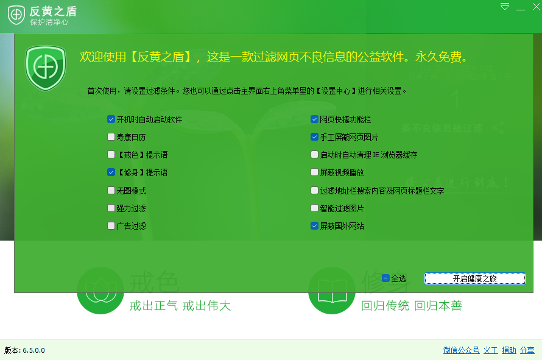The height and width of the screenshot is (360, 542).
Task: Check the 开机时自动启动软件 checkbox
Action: (x=111, y=119)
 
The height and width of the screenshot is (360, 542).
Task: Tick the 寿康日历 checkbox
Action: (x=111, y=137)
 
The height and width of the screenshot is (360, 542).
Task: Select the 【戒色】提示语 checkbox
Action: (x=111, y=155)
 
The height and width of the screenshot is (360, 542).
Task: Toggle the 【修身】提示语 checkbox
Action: (x=111, y=172)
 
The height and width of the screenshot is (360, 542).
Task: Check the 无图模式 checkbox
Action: (x=111, y=191)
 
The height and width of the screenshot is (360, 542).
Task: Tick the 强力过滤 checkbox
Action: (x=111, y=208)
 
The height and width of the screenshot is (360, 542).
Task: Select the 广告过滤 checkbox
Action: (x=111, y=226)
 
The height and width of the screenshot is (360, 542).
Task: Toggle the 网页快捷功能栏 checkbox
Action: (x=314, y=119)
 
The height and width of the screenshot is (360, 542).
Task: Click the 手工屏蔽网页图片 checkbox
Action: (x=314, y=137)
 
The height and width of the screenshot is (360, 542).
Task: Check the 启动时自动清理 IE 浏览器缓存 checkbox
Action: (x=314, y=155)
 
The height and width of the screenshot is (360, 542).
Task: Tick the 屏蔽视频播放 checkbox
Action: (x=314, y=172)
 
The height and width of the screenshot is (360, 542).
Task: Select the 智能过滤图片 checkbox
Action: (x=314, y=208)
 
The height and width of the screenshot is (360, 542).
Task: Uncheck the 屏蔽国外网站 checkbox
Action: (x=314, y=226)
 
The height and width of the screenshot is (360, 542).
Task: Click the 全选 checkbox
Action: (x=385, y=278)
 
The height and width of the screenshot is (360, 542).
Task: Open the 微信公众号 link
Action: (x=461, y=350)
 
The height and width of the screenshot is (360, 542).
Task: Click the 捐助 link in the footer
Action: (x=509, y=350)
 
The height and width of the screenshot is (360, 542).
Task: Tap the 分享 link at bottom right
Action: (x=527, y=350)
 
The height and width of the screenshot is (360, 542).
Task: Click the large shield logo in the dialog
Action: (x=45, y=66)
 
